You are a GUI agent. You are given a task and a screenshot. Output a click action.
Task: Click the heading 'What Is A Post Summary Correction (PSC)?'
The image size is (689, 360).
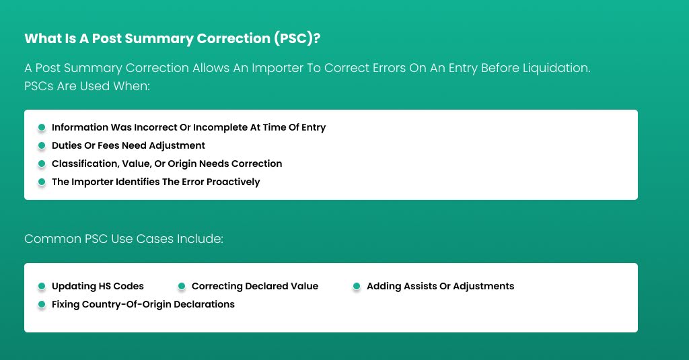pos(172,38)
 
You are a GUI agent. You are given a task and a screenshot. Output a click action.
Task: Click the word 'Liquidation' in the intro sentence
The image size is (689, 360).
pos(557,69)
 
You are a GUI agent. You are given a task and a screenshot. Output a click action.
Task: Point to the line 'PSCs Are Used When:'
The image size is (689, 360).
pos(87,87)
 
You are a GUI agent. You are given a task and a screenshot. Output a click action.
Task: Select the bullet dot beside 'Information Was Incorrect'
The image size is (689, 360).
pos(42,127)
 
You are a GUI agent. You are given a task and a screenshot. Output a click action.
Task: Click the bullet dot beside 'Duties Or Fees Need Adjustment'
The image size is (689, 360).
pos(42,145)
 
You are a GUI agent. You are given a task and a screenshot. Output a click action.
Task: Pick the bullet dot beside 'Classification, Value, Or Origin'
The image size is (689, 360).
pos(42,164)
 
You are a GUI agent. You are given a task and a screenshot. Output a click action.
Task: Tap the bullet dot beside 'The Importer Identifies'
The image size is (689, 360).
pos(42,182)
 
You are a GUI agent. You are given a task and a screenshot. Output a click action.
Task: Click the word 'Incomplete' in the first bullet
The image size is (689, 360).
pos(221,127)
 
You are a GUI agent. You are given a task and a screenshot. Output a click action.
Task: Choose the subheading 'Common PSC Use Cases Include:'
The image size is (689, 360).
pos(124,239)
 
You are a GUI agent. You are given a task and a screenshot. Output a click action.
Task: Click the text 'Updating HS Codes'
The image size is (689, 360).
pos(98,286)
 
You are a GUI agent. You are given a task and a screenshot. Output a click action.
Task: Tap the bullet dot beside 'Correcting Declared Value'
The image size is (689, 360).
pos(182,287)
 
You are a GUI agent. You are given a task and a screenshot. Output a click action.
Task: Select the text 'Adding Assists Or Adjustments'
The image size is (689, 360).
pos(440,286)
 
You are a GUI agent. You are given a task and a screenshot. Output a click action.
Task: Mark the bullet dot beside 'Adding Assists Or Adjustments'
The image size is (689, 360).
pos(357,287)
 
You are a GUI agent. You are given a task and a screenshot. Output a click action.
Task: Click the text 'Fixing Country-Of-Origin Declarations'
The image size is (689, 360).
pos(143,304)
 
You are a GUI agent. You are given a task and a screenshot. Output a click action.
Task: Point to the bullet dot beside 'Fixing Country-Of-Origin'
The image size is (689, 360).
pos(42,305)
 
